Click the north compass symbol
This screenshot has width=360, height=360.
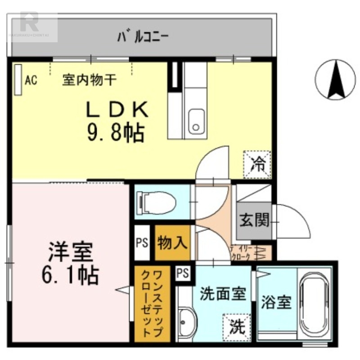(x=335, y=80)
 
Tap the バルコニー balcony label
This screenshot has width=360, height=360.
(x=142, y=36)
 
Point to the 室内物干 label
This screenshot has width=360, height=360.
(x=90, y=81)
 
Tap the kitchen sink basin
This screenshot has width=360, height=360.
(x=196, y=121)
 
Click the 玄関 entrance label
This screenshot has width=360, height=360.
(x=254, y=220)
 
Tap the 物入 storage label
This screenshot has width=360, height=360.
(x=172, y=243)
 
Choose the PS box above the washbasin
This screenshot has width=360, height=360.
(x=183, y=273)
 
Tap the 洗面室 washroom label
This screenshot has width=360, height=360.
(x=223, y=294)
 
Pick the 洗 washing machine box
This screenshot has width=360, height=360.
(x=235, y=324)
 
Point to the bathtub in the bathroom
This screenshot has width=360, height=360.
(x=314, y=306)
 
